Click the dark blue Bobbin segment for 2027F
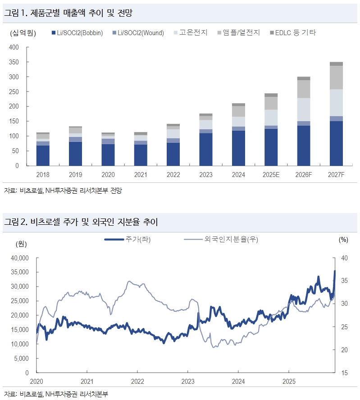(x=336, y=143)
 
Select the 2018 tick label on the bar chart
(x=43, y=175)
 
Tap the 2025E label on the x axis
(x=271, y=175)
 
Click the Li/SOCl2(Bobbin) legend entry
(x=78, y=33)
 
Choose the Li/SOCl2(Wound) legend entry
(x=137, y=33)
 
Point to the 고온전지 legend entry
(x=190, y=33)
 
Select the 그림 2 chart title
(x=81, y=222)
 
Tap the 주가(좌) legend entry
(x=128, y=239)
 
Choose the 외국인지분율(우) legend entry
(x=221, y=239)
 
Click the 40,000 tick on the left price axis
(x=18, y=258)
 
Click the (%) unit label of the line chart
(x=343, y=240)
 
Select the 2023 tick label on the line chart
(x=188, y=381)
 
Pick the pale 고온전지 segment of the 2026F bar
(x=304, y=109)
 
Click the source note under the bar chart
(x=63, y=190)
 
